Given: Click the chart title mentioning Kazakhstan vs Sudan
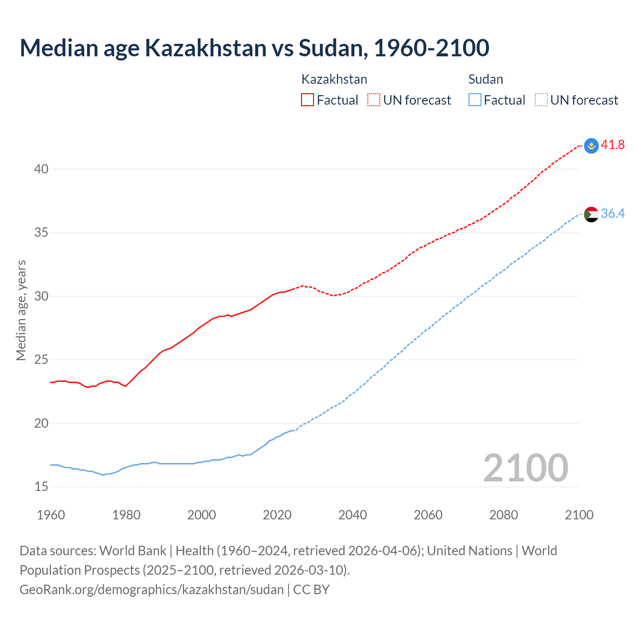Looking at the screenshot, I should tap(254, 48).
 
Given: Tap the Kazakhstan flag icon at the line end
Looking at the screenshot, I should tap(591, 146).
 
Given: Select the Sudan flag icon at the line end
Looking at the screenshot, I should tap(591, 214).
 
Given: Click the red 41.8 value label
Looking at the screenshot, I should tap(613, 145).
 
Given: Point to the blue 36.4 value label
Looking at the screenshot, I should tap(613, 214).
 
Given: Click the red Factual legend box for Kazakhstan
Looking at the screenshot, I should tap(308, 100).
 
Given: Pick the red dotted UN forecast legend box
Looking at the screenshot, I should tap(374, 100).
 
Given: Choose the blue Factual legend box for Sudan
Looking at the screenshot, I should tap(475, 100).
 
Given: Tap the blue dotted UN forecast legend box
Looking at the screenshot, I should tap(541, 100).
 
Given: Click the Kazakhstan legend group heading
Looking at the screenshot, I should tap(334, 79).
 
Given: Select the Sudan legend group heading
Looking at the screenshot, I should tap(485, 79).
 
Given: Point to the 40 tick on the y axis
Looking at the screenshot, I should tap(41, 169).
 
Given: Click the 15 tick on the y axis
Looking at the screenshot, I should tap(41, 487).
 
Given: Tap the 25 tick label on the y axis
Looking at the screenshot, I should tap(41, 360).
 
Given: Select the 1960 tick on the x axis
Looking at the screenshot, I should tap(51, 515).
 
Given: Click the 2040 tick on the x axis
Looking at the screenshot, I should tap(352, 515).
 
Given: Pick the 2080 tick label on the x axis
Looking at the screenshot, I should tap(503, 515).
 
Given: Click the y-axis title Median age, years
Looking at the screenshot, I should tap(21, 310).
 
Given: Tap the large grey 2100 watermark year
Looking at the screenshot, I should tap(525, 468).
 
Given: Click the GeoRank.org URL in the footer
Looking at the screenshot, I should tap(152, 590).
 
